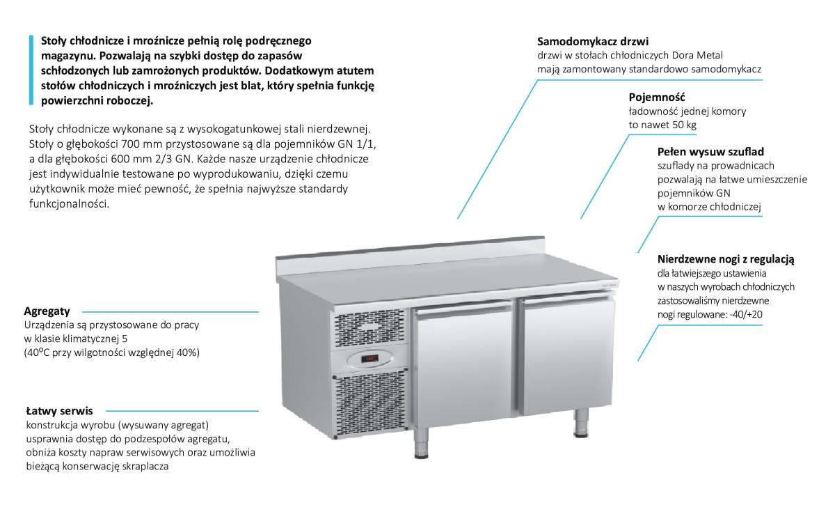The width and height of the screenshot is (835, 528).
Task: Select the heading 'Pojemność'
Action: (652, 97)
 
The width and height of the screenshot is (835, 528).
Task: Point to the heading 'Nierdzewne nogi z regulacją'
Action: (726, 259)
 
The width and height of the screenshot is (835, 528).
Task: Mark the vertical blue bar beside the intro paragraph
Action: (31, 70)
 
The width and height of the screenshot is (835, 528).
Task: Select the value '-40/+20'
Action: (751, 314)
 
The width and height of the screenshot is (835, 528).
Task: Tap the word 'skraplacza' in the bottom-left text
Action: (145, 467)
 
